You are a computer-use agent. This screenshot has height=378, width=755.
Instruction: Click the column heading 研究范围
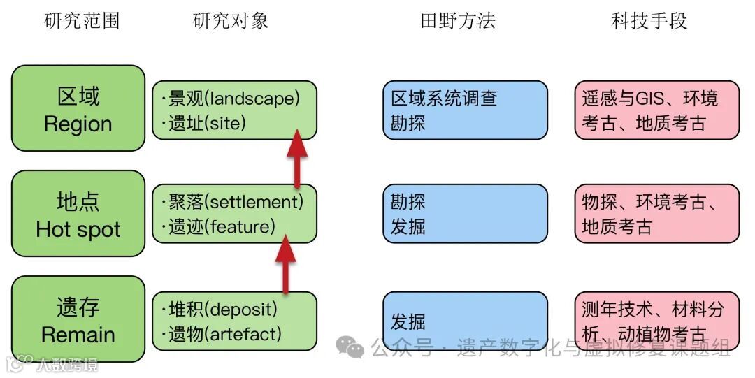82,21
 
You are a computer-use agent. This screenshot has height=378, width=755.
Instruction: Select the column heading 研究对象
231,21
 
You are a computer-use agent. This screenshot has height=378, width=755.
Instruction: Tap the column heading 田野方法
458,21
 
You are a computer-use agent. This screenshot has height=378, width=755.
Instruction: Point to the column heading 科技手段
649,21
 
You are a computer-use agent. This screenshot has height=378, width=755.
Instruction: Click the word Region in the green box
78,124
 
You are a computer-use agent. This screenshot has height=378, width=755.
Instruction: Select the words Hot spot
78,229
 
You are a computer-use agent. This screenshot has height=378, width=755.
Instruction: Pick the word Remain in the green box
77,335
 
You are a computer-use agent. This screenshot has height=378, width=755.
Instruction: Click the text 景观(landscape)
233,99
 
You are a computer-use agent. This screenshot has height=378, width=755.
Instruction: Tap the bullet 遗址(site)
207,124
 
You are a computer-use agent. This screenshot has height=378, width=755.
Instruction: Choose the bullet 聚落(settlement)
236,203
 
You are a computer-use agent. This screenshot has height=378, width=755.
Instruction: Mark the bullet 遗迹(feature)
222,226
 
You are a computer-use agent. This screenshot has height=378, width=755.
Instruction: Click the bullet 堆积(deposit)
223,309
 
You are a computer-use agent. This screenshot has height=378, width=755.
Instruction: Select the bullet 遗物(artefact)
224,334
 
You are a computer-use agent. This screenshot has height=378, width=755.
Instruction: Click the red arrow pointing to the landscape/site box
297,157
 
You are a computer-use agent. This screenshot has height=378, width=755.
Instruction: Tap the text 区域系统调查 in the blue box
444,99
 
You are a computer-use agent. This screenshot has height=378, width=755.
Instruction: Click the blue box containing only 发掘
465,321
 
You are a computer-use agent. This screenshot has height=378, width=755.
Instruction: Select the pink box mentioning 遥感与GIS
656,110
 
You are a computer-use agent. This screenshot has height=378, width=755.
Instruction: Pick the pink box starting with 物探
656,214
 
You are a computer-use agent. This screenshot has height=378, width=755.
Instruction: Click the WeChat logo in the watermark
350,345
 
